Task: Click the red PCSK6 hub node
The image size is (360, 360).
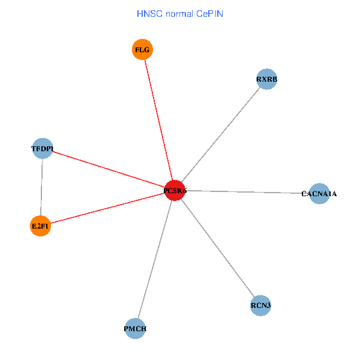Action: [175, 190]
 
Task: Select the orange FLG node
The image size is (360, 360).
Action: [142, 49]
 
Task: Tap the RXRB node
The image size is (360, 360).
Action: [266, 79]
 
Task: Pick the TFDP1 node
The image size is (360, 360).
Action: [42, 148]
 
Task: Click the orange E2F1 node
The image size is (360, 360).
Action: [40, 226]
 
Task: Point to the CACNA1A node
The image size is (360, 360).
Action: [319, 194]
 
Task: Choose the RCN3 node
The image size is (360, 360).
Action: [261, 306]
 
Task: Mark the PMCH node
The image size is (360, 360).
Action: [136, 328]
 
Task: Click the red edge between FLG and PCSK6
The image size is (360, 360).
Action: [158, 120]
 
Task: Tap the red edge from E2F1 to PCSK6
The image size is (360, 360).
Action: [108, 208]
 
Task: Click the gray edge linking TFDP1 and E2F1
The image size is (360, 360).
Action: [41, 187]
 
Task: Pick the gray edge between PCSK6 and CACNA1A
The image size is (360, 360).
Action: [246, 192]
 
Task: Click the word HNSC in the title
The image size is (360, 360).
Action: [149, 13]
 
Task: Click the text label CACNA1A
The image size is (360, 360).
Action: [319, 194]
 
